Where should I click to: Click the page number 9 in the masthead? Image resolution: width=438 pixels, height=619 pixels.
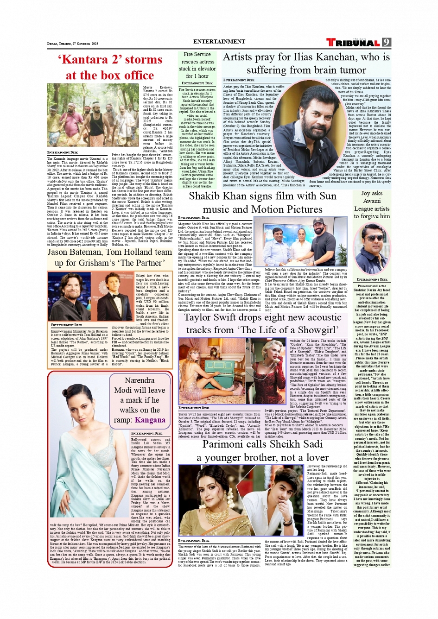pyautogui.click(x=386, y=42)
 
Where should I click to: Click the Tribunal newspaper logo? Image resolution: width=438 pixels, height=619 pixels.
pyautogui.click(x=353, y=43)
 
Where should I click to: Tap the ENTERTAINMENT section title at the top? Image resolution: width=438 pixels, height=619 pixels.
pyautogui.click(x=219, y=42)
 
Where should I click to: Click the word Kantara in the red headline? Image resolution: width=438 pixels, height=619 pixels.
pyautogui.click(x=83, y=60)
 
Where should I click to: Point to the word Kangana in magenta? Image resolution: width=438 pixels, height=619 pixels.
pyautogui.click(x=150, y=420)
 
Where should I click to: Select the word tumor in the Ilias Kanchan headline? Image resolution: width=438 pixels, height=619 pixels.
pyautogui.click(x=351, y=70)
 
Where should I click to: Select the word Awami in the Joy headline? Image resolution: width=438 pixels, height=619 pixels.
pyautogui.click(x=372, y=201)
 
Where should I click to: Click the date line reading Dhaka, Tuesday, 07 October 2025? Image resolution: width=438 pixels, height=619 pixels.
pyautogui.click(x=73, y=44)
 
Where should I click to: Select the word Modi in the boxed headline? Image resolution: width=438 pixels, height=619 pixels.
pyautogui.click(x=123, y=390)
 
